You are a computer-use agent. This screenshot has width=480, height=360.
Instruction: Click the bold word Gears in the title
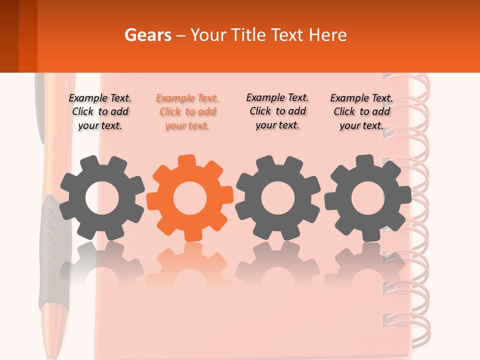pyautogui.click(x=147, y=35)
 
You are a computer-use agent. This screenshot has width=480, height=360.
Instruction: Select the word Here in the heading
pyautogui.click(x=327, y=35)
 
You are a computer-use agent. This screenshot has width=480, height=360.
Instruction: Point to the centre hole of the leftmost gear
pyautogui.click(x=102, y=198)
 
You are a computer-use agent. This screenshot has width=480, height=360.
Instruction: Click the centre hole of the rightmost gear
pyautogui.click(x=368, y=198)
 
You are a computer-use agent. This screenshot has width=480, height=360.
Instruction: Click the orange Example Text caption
pyautogui.click(x=187, y=112)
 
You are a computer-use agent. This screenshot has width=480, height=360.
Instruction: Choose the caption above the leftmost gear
pyautogui.click(x=100, y=112)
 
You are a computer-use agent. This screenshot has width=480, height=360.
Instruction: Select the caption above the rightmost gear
pyautogui.click(x=361, y=112)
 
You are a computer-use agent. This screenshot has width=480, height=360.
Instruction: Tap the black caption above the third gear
pyautogui.click(x=277, y=111)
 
